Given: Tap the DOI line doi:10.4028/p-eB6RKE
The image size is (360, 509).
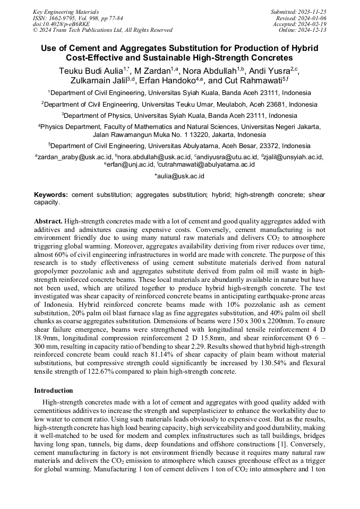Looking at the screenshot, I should (x=61, y=24).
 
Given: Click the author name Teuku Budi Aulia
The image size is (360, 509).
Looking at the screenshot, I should (x=90, y=70).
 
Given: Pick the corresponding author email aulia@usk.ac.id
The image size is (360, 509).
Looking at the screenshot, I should (x=179, y=176).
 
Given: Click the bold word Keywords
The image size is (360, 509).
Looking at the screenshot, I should (x=52, y=195).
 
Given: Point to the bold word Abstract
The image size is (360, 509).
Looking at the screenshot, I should (x=49, y=220).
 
